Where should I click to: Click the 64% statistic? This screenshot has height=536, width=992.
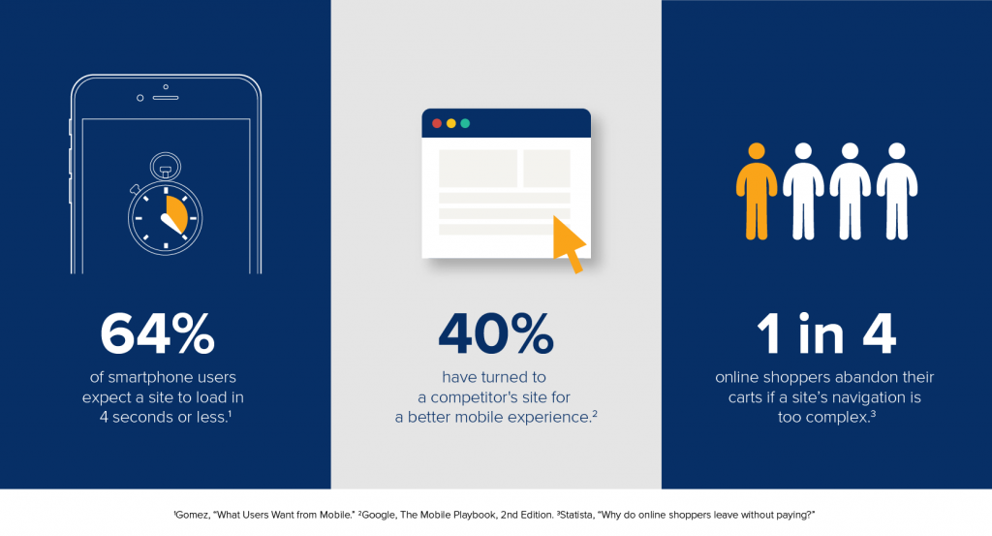coord(158,333)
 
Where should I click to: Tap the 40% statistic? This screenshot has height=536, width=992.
coord(496,333)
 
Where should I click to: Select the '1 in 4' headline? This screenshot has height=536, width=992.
coord(826,333)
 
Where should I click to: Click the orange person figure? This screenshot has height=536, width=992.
coord(756,191)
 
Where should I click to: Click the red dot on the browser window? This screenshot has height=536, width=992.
coord(437,123)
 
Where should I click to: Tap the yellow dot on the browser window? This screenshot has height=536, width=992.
coord(451,123)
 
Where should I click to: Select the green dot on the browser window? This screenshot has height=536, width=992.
coord(465,123)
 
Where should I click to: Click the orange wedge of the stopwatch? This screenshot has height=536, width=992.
coord(176,213)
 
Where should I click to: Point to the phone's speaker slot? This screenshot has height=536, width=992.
coord(166,98)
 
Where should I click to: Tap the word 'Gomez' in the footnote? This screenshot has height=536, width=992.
coord(191,515)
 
